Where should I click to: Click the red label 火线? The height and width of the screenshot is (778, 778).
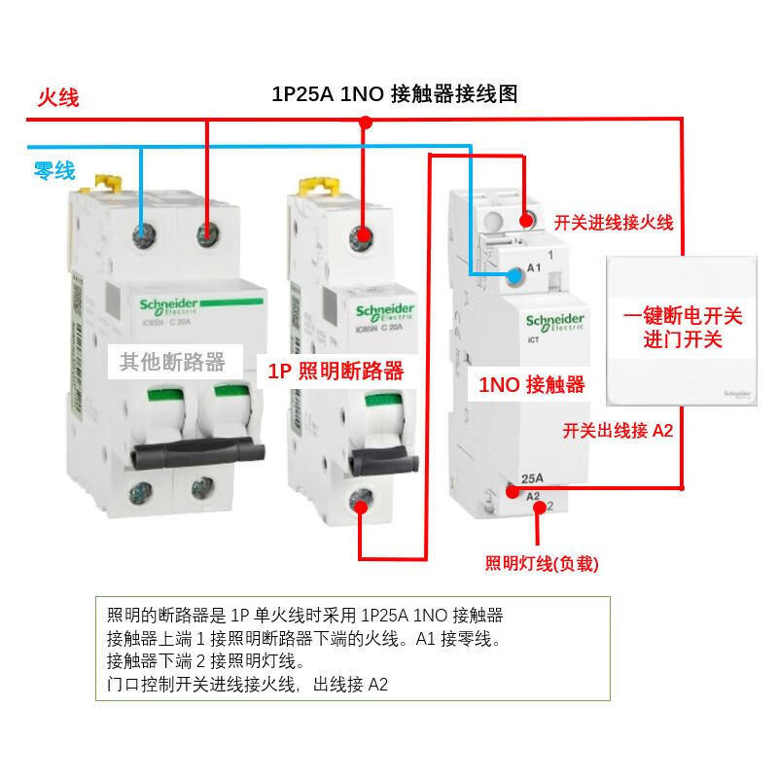57,97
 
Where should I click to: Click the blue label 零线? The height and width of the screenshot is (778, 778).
54,171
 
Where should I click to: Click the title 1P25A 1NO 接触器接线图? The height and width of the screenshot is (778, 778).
394,94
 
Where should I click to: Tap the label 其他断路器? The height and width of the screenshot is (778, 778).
172,363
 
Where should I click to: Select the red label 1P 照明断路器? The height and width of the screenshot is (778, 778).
336,371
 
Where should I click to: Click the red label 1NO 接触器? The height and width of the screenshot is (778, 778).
532,384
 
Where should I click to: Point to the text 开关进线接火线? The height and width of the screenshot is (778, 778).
613,223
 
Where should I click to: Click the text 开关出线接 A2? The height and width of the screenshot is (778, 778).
618,430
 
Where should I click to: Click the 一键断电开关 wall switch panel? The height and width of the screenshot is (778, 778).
682,329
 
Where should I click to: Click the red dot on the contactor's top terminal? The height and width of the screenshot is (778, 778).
528,220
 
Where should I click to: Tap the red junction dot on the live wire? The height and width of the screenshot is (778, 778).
366,123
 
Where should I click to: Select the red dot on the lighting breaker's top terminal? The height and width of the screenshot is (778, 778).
362,235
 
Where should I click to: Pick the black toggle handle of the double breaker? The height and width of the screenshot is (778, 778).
198,453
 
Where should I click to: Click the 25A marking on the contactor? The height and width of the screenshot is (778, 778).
532,478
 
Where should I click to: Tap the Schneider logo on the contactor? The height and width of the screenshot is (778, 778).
554,321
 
